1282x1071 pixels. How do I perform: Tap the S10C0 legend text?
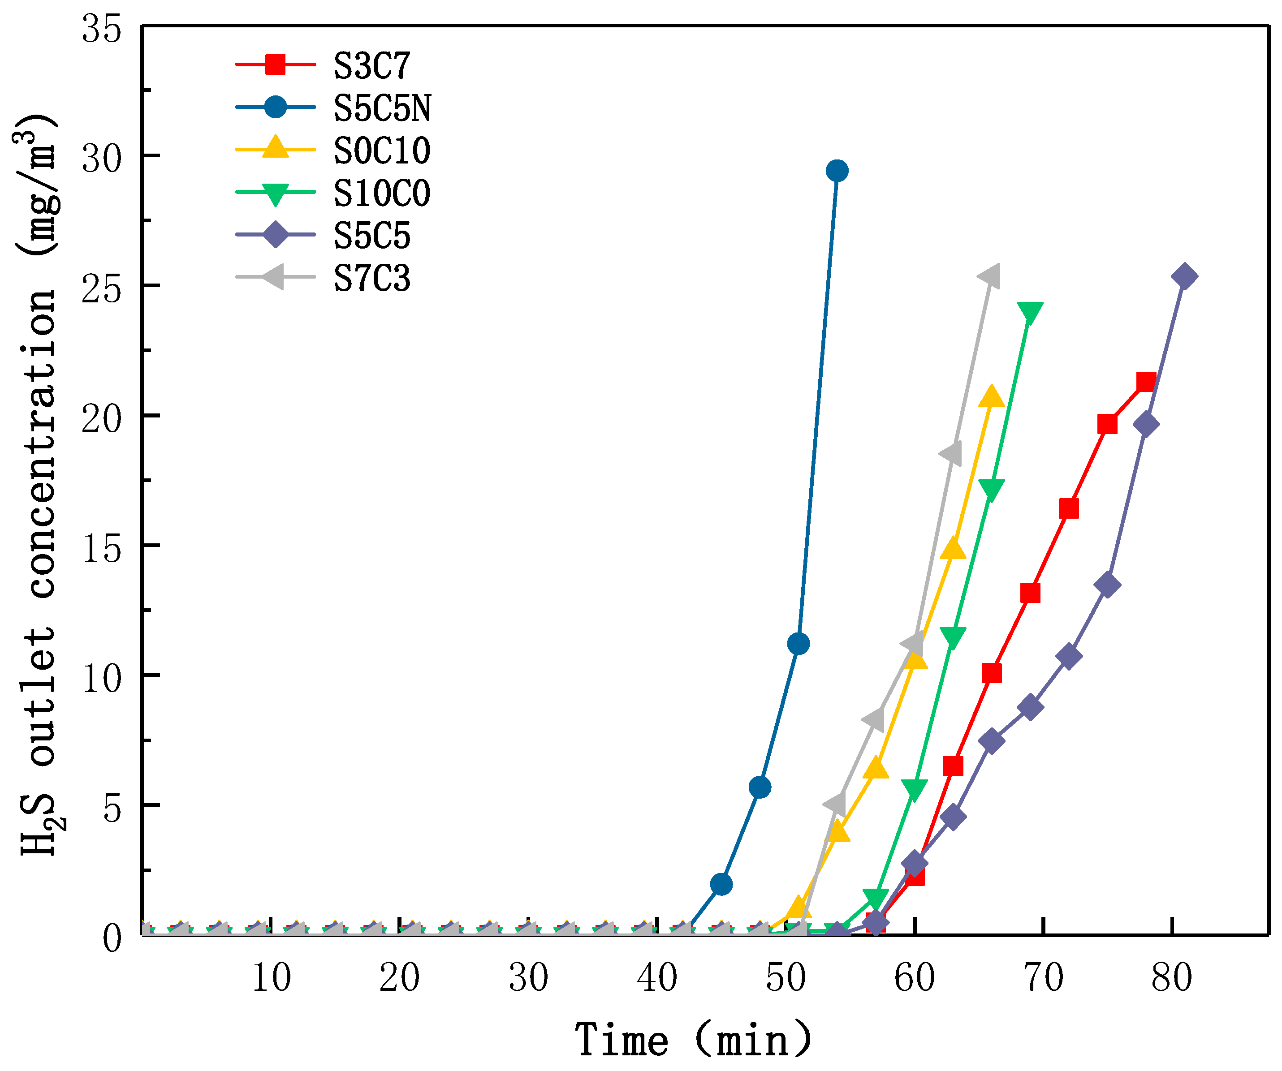(x=381, y=193)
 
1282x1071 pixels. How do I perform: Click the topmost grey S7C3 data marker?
(x=989, y=276)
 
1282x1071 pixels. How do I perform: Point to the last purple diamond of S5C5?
(x=1184, y=276)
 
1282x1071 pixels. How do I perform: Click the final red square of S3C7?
(x=1146, y=382)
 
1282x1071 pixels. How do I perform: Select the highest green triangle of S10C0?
(x=1030, y=313)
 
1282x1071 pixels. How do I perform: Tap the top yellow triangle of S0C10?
(x=992, y=397)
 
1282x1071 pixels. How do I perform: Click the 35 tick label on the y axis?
(x=101, y=29)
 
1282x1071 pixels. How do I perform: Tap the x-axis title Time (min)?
(x=693, y=1039)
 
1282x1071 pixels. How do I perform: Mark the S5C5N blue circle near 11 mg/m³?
(x=799, y=643)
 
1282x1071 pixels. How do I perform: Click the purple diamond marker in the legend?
(x=275, y=235)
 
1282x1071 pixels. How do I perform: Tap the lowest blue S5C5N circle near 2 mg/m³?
(x=721, y=884)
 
